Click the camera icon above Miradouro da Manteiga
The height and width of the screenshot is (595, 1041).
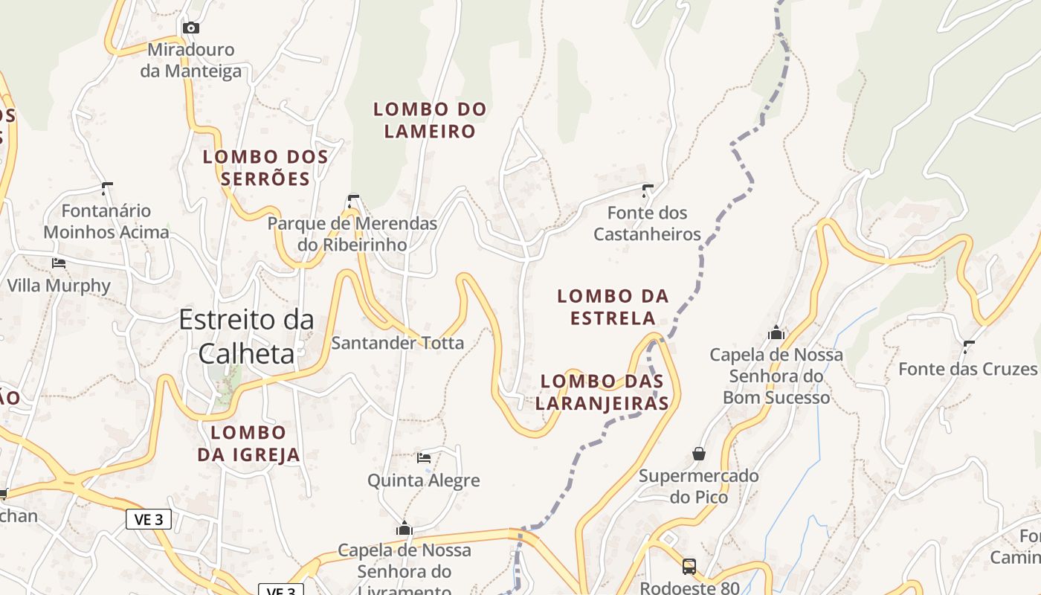pyautogui.click(x=191, y=28)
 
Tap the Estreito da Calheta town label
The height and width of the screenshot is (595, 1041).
pyautogui.click(x=246, y=336)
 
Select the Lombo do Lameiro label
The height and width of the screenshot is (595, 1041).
pyautogui.click(x=430, y=120)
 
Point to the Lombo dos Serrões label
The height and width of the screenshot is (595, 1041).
pyautogui.click(x=265, y=167)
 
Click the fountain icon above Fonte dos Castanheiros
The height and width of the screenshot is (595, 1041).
pyautogui.click(x=647, y=190)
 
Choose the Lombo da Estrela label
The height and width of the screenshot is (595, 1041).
pyautogui.click(x=613, y=307)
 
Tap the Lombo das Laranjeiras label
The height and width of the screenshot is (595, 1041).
pyautogui.click(x=602, y=392)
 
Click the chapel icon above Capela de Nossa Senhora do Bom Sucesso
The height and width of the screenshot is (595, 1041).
pyautogui.click(x=776, y=332)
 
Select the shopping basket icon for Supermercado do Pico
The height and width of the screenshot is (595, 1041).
pyautogui.click(x=698, y=453)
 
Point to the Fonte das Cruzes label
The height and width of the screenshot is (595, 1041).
pyautogui.click(x=967, y=369)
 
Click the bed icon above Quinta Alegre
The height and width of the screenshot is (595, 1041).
pyautogui.click(x=424, y=457)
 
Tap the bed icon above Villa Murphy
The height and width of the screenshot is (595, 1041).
pyautogui.click(x=58, y=263)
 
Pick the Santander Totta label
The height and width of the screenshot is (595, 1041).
pyautogui.click(x=397, y=343)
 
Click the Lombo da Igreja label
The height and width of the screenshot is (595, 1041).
pyautogui.click(x=248, y=443)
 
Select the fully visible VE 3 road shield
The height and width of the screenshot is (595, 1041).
pyautogui.click(x=149, y=519)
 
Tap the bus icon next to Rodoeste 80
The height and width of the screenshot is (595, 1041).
pyautogui.click(x=689, y=567)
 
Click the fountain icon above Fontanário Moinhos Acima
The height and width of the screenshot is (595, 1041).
pyautogui.click(x=106, y=188)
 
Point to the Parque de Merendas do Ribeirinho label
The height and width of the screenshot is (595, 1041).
pyautogui.click(x=352, y=234)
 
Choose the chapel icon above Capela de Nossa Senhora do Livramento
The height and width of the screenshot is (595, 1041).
pyautogui.click(x=405, y=528)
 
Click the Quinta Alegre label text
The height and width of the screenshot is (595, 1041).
pyautogui.click(x=424, y=480)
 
